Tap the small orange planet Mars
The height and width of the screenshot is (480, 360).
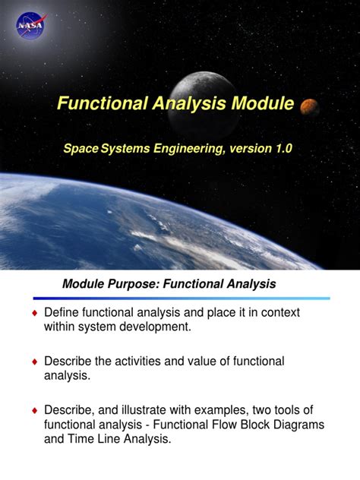(308, 106)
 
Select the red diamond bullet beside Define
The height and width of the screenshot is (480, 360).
(33, 314)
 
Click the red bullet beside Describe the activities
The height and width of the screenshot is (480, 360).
(33, 362)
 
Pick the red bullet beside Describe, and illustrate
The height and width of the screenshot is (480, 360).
(33, 411)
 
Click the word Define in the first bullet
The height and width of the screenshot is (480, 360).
(61, 313)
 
